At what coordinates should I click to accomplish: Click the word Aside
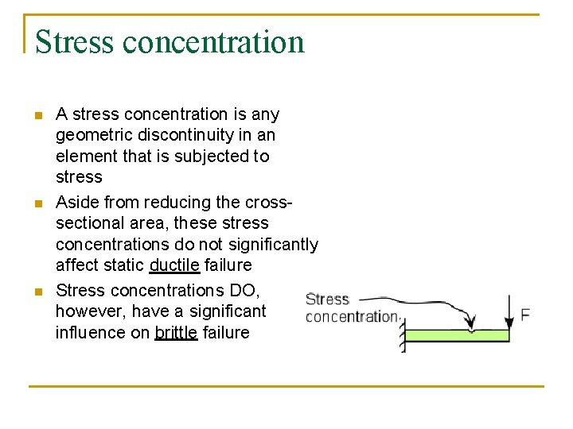pyautogui.click(x=77, y=203)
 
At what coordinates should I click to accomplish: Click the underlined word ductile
pyautogui.click(x=174, y=265)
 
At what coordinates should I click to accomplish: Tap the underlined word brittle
pyautogui.click(x=176, y=333)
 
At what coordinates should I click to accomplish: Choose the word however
pyautogui.click(x=89, y=311)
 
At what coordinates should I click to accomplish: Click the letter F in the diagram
pyautogui.click(x=524, y=315)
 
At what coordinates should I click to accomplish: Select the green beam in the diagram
pyautogui.click(x=458, y=335)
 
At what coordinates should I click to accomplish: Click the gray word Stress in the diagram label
pyautogui.click(x=328, y=300)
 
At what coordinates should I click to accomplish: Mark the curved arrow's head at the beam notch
pyautogui.click(x=471, y=325)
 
